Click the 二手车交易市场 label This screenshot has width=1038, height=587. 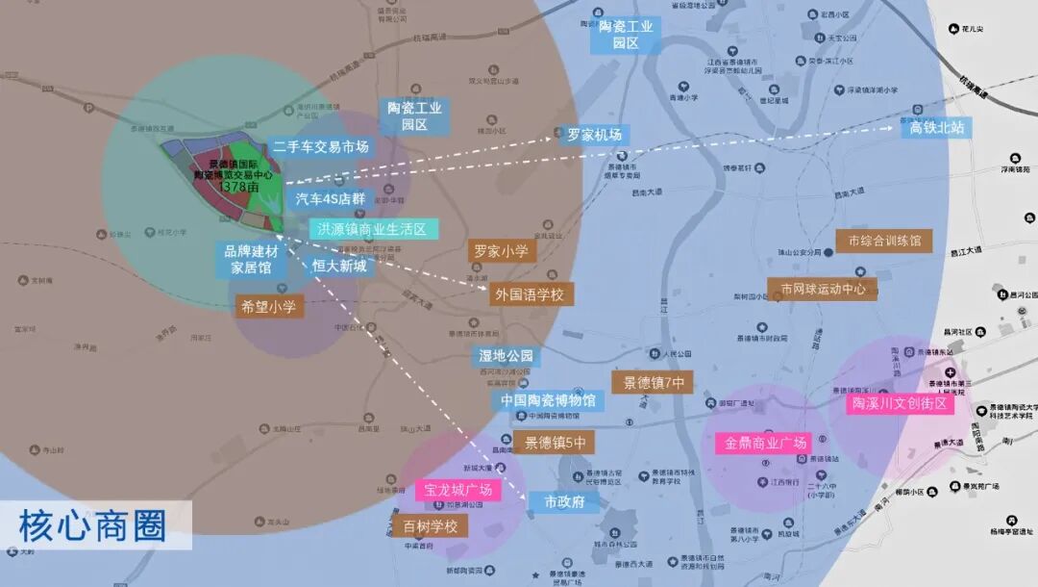point(321,147)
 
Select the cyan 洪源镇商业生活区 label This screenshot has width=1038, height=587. point(373,230)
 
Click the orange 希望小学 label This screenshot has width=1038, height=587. point(269,307)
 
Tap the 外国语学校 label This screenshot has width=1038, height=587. point(530,294)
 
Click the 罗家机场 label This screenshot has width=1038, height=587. point(594,135)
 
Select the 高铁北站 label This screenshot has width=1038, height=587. point(935,127)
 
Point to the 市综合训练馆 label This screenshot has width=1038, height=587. point(884,241)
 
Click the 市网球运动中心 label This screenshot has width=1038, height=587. point(823,289)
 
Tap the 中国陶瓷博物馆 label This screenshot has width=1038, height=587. point(548,400)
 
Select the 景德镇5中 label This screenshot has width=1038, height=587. point(554,443)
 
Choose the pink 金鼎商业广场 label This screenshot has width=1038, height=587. point(762,444)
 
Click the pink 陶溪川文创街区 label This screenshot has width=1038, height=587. point(901,404)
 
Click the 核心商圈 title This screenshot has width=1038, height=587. point(92,525)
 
